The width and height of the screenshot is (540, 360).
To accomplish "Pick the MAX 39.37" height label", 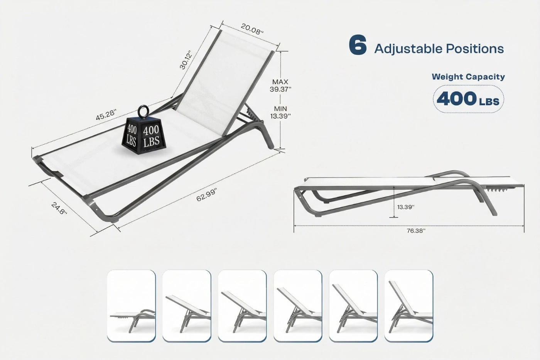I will [280, 85].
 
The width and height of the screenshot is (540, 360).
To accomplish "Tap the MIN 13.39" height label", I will [280, 112].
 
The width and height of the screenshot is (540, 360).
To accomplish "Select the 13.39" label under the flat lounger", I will [406, 207].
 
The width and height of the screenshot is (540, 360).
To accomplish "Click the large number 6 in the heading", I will [358, 46].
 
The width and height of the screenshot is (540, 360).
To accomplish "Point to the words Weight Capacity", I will [468, 76].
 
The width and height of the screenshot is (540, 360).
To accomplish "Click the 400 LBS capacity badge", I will [468, 99].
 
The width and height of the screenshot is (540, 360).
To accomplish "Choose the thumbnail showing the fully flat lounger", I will [131, 306].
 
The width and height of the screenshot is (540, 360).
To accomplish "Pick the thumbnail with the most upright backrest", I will [408, 306].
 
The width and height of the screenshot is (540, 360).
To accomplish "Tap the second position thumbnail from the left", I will [187, 306].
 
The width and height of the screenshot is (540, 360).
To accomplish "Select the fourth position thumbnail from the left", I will [298, 306].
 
